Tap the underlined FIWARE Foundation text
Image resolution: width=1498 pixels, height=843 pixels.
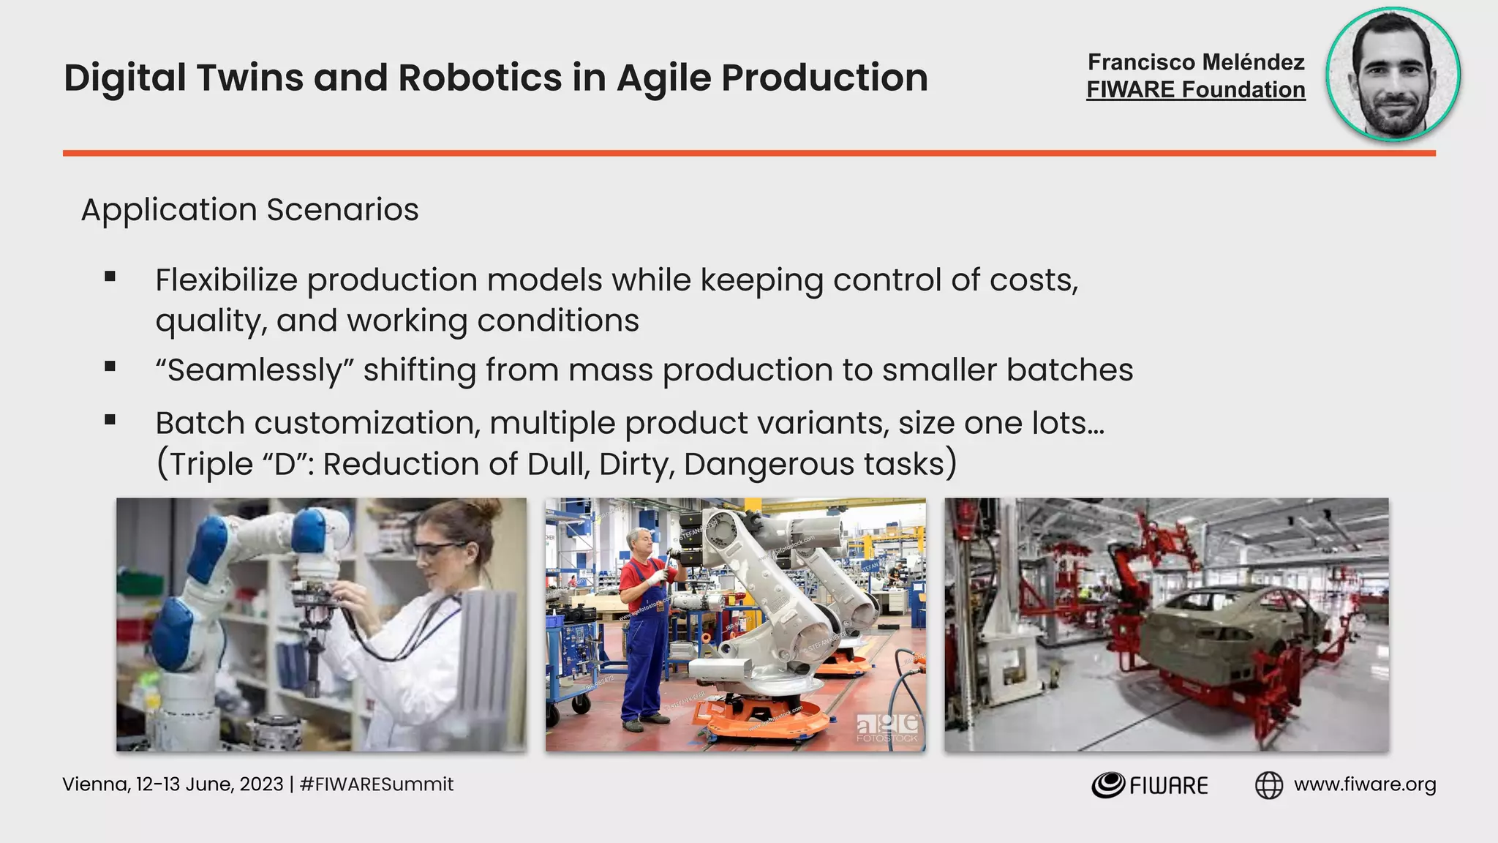pos(1195,90)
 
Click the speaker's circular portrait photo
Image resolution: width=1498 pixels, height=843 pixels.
pos(1393,74)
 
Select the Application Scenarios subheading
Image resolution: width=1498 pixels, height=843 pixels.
pos(249,210)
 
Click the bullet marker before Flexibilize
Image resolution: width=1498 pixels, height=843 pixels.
pos(110,277)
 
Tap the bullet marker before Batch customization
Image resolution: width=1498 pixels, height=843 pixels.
pos(110,420)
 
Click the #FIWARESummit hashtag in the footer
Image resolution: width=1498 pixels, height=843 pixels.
pos(377,784)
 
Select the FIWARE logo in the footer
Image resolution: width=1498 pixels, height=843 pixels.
pos(1149,785)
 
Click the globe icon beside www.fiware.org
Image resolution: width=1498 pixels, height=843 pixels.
pos(1268,785)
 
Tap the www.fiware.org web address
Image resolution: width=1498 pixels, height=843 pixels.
pos(1364,784)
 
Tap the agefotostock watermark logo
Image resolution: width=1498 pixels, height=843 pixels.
pos(888,727)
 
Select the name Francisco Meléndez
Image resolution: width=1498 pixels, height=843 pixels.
pos(1196,62)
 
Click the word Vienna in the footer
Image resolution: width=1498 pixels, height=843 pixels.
pos(94,784)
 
